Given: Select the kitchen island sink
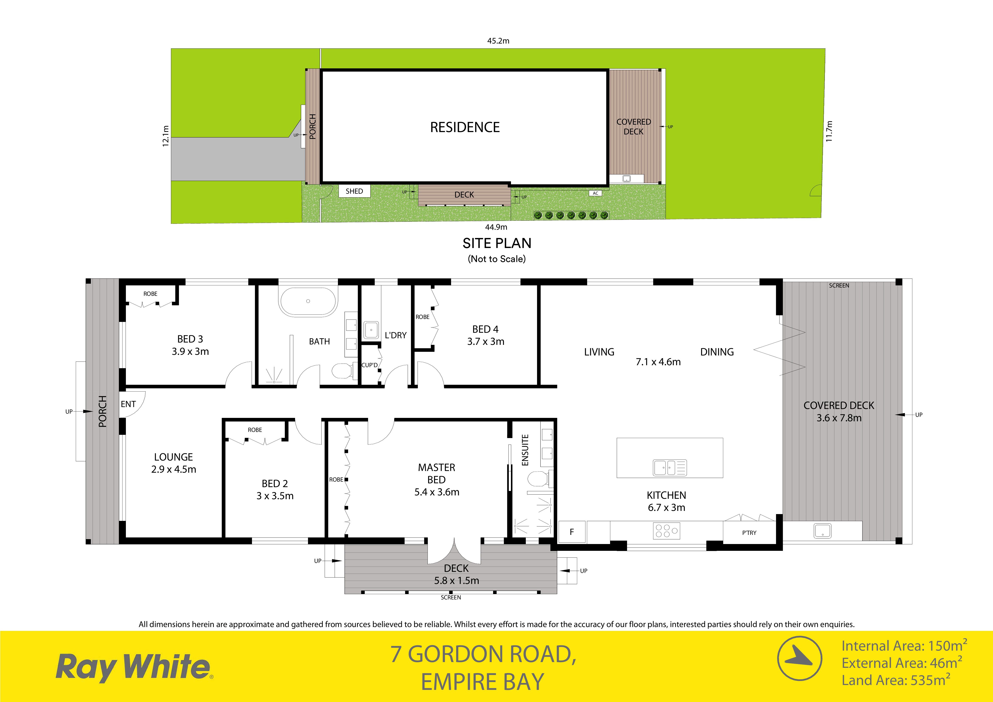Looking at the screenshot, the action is [670, 467].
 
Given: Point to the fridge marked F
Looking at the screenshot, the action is [572, 531].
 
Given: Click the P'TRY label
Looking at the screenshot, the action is [749, 533].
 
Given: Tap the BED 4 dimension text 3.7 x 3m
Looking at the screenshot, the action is [486, 342].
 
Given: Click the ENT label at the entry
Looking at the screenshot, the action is [128, 404].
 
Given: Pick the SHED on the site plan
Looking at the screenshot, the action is [354, 191].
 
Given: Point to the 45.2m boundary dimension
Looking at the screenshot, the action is [498, 41].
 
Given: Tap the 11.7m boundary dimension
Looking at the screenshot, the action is [829, 131].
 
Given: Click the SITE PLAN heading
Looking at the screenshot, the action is [497, 244].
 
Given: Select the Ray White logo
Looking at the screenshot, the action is [134, 667].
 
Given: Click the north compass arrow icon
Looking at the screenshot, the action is [800, 658].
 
